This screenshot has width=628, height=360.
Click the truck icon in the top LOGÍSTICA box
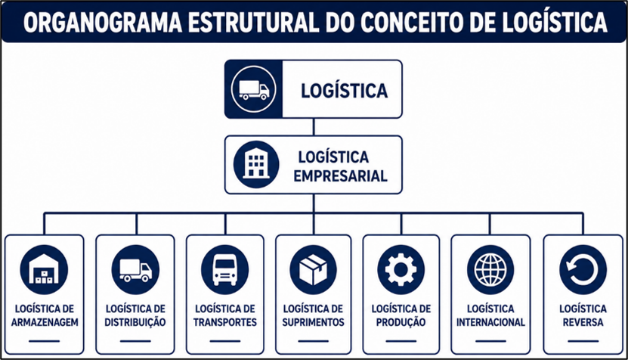coord(253,89)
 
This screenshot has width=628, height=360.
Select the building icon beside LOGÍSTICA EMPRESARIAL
coord(256,164)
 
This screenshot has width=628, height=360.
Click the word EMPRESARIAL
coord(340,176)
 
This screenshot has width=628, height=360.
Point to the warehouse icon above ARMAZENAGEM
coord(44,270)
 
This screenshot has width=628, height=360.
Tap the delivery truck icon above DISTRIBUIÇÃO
coord(135,270)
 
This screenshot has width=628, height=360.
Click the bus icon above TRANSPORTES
coord(224,270)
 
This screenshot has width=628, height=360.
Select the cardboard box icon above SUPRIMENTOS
coord(313,270)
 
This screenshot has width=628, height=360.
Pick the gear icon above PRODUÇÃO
coord(401,270)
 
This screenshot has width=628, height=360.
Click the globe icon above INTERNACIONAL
coord(490,270)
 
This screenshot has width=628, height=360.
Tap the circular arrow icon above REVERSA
coord(583,270)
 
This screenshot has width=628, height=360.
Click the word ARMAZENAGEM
coord(45,322)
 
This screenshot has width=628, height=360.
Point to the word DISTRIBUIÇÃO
coord(135,322)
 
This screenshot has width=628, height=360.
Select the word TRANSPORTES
coord(225,322)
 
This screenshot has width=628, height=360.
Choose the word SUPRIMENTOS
coord(313,322)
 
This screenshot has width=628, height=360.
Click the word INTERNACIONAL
coord(490,322)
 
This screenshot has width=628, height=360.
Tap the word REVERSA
coord(583,322)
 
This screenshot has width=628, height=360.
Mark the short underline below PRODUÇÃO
coord(401,341)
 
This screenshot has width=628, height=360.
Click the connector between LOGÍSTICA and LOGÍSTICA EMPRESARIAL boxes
coord(313,127)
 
